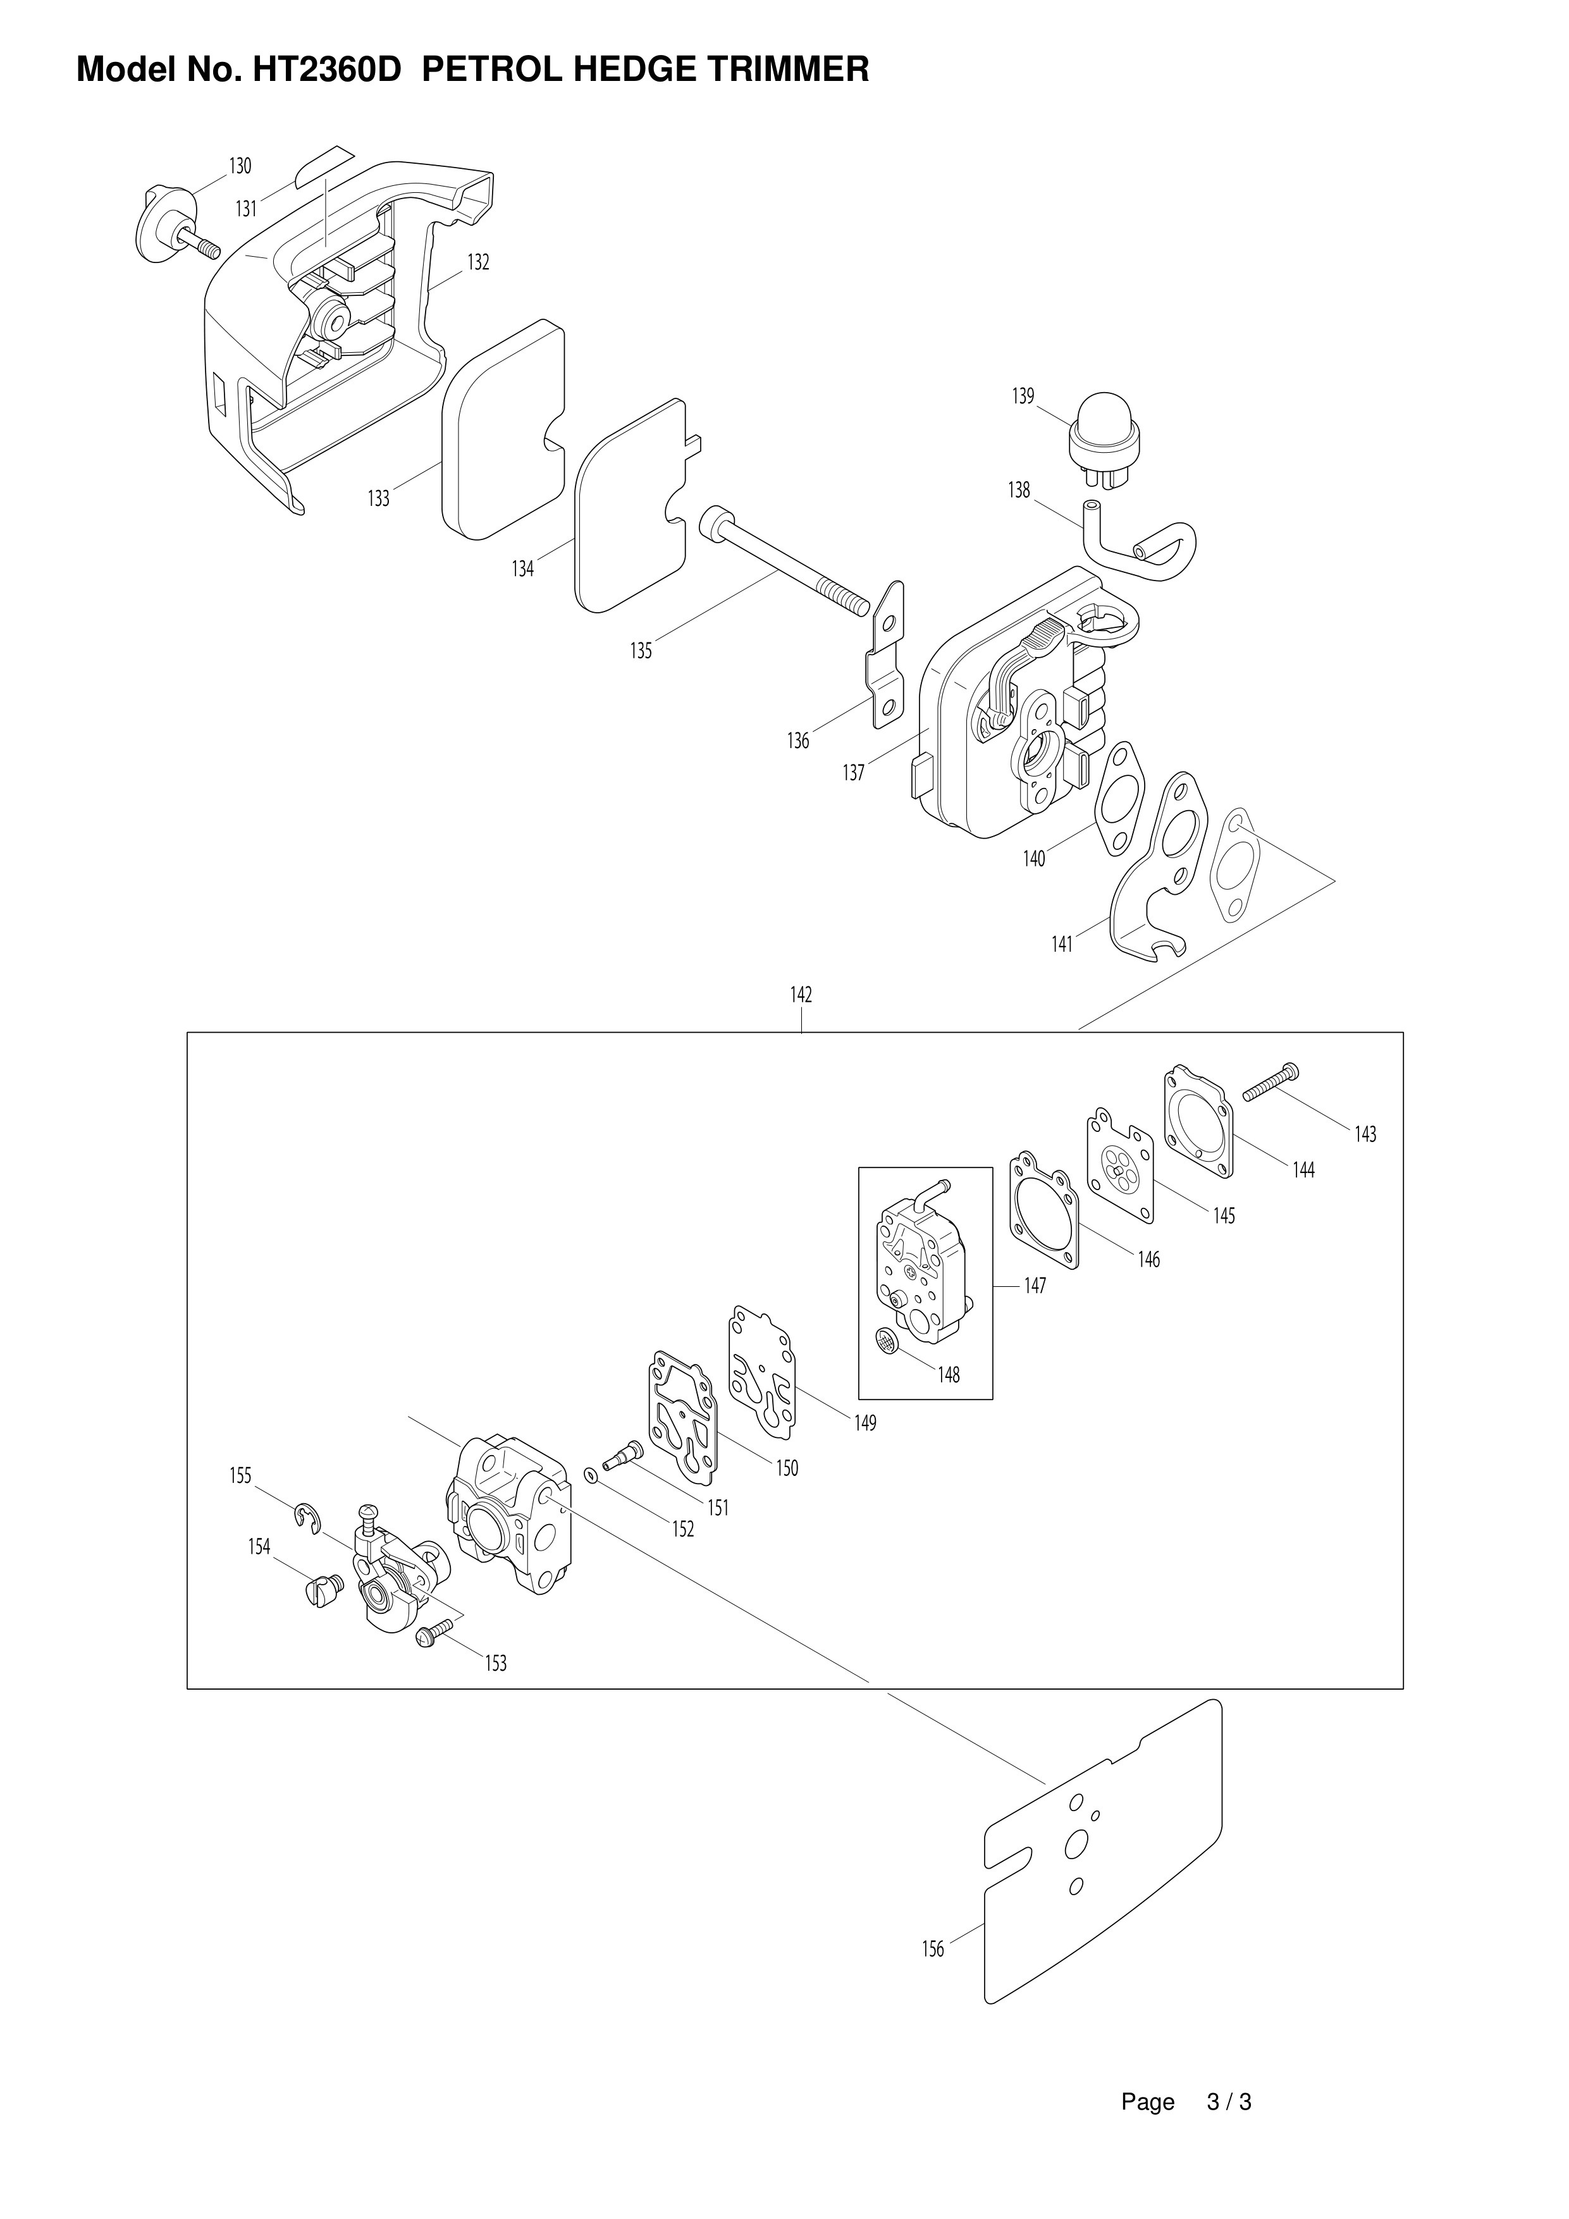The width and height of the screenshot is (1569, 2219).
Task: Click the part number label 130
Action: coord(240,166)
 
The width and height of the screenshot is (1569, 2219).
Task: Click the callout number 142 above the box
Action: coord(801,995)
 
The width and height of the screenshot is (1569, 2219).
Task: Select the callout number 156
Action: coord(933,1950)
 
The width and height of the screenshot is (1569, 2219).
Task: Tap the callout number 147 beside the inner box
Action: coord(1035,1286)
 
